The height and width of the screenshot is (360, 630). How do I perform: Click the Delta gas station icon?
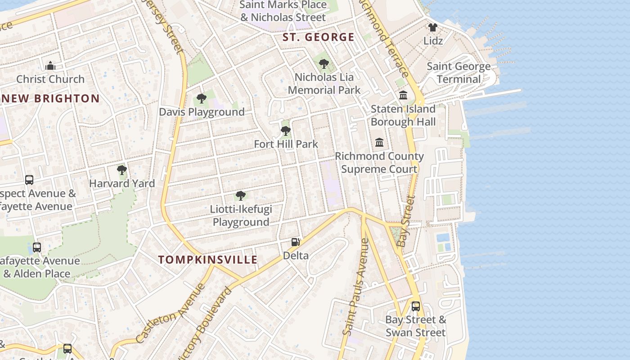click(295, 242)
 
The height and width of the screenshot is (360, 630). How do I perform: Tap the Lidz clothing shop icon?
click(433, 27)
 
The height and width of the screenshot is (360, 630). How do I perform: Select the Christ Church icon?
click(50, 66)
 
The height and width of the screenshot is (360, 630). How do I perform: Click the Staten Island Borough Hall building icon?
click(403, 95)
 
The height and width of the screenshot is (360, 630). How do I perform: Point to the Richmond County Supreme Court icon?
click(379, 143)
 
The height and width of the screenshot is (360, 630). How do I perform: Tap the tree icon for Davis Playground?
click(202, 99)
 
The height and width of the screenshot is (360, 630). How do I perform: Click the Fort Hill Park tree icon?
click(285, 131)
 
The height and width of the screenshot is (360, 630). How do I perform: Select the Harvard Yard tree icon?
click(121, 170)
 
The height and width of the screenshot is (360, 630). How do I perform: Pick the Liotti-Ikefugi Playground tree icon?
click(241, 196)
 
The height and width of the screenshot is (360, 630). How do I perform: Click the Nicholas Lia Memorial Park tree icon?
click(324, 64)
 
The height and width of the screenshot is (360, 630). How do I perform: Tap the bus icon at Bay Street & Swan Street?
click(416, 306)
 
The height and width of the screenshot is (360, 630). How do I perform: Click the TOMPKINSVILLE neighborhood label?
click(208, 260)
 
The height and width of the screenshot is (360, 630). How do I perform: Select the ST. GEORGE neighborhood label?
click(318, 37)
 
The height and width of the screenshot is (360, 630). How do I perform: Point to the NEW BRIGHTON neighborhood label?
click(49, 99)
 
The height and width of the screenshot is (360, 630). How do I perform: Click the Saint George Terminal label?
click(459, 73)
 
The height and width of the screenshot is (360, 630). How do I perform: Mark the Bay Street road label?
click(406, 221)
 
